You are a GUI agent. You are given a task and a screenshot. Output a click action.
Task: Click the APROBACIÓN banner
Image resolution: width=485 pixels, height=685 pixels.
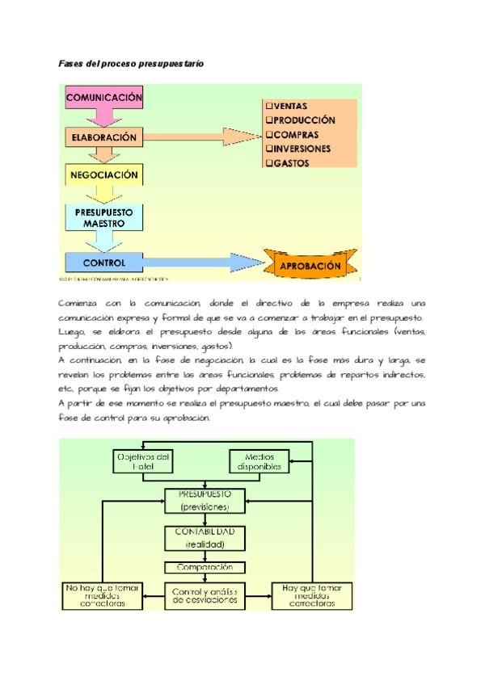click(x=310, y=265)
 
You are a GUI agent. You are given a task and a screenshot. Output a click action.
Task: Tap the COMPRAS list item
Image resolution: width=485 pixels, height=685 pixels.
click(x=296, y=134)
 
